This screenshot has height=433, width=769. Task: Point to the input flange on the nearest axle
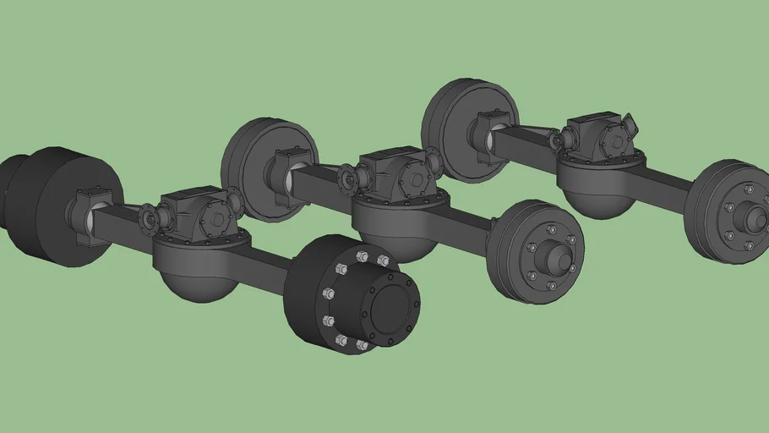[x=150, y=218]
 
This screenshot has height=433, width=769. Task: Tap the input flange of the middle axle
[x=348, y=178]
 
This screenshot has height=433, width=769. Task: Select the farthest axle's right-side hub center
[x=750, y=217]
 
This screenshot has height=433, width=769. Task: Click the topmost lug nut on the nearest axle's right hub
[x=363, y=256]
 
